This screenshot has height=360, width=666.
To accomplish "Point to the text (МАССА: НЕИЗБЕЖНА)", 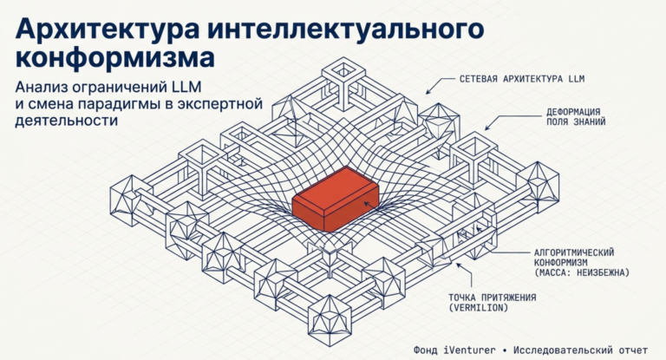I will click(x=582, y=272).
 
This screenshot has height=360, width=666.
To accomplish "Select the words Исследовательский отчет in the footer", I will click(x=581, y=350).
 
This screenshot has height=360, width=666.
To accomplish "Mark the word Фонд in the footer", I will click(x=410, y=350).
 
